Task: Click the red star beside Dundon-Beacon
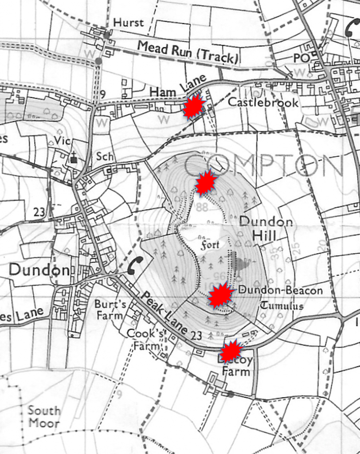click(x=220, y=296)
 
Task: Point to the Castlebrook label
click(x=263, y=102)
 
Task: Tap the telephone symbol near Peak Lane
click(x=135, y=265)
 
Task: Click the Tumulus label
click(x=282, y=305)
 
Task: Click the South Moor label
click(x=43, y=416)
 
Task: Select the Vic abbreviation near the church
click(x=63, y=141)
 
